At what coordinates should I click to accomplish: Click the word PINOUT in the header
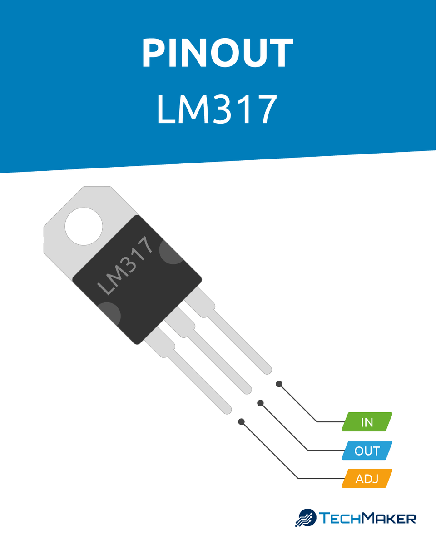(x=218, y=53)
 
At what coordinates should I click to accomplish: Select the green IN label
(x=367, y=422)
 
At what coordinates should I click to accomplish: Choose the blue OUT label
(x=367, y=451)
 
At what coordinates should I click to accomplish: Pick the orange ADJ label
(x=367, y=479)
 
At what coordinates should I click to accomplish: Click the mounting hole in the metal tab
(x=84, y=226)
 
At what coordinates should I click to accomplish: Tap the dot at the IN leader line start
(x=279, y=384)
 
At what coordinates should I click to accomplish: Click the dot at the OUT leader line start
(x=260, y=403)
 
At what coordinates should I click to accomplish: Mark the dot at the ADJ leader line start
(x=242, y=422)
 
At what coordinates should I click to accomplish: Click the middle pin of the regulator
(x=218, y=359)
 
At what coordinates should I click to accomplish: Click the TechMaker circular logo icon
(x=307, y=518)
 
